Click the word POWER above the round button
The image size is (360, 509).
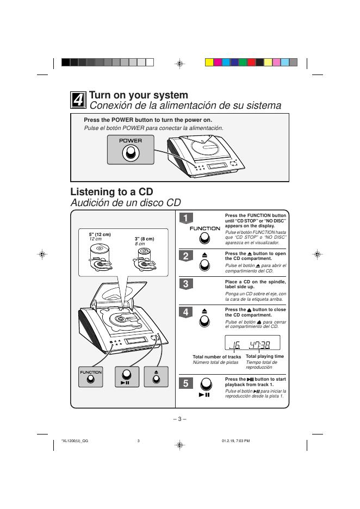click(131, 140)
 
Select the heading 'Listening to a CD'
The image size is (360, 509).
click(111, 192)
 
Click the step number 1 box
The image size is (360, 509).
click(185, 219)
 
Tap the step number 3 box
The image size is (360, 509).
click(185, 284)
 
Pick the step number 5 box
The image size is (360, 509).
click(185, 383)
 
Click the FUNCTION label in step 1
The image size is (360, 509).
click(205, 228)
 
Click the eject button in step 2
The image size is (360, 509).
click(204, 264)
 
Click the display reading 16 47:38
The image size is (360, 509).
click(252, 343)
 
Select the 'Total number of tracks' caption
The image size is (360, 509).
click(216, 357)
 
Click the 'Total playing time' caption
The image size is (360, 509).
click(265, 356)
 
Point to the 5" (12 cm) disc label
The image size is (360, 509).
click(100, 234)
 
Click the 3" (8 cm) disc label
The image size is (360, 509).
click(144, 239)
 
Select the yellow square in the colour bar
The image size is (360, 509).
click(209, 62)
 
